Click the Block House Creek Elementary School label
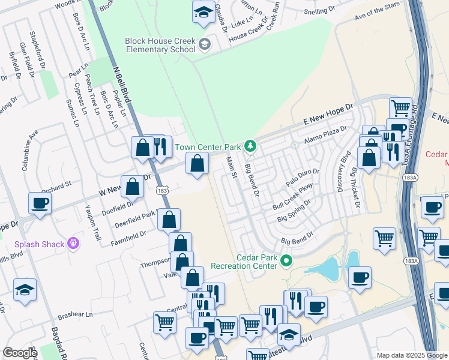pyautogui.click(x=160, y=45)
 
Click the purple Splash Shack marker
pyautogui.click(x=74, y=243)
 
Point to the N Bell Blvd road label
pyautogui.click(x=121, y=83)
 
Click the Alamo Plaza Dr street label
pyautogui.click(x=325, y=135)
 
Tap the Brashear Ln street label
pyautogui.click(x=76, y=314)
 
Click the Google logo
pyautogui.click(x=20, y=353)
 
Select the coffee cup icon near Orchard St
pyautogui.click(x=40, y=203)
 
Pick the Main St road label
pyautogui.click(x=232, y=167)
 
